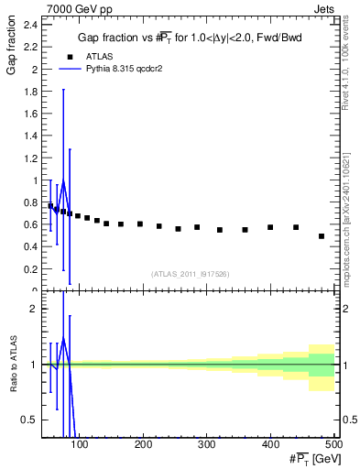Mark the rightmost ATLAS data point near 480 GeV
click(x=322, y=236)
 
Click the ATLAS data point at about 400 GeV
click(x=270, y=227)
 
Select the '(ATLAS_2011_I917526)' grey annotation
click(x=190, y=274)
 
